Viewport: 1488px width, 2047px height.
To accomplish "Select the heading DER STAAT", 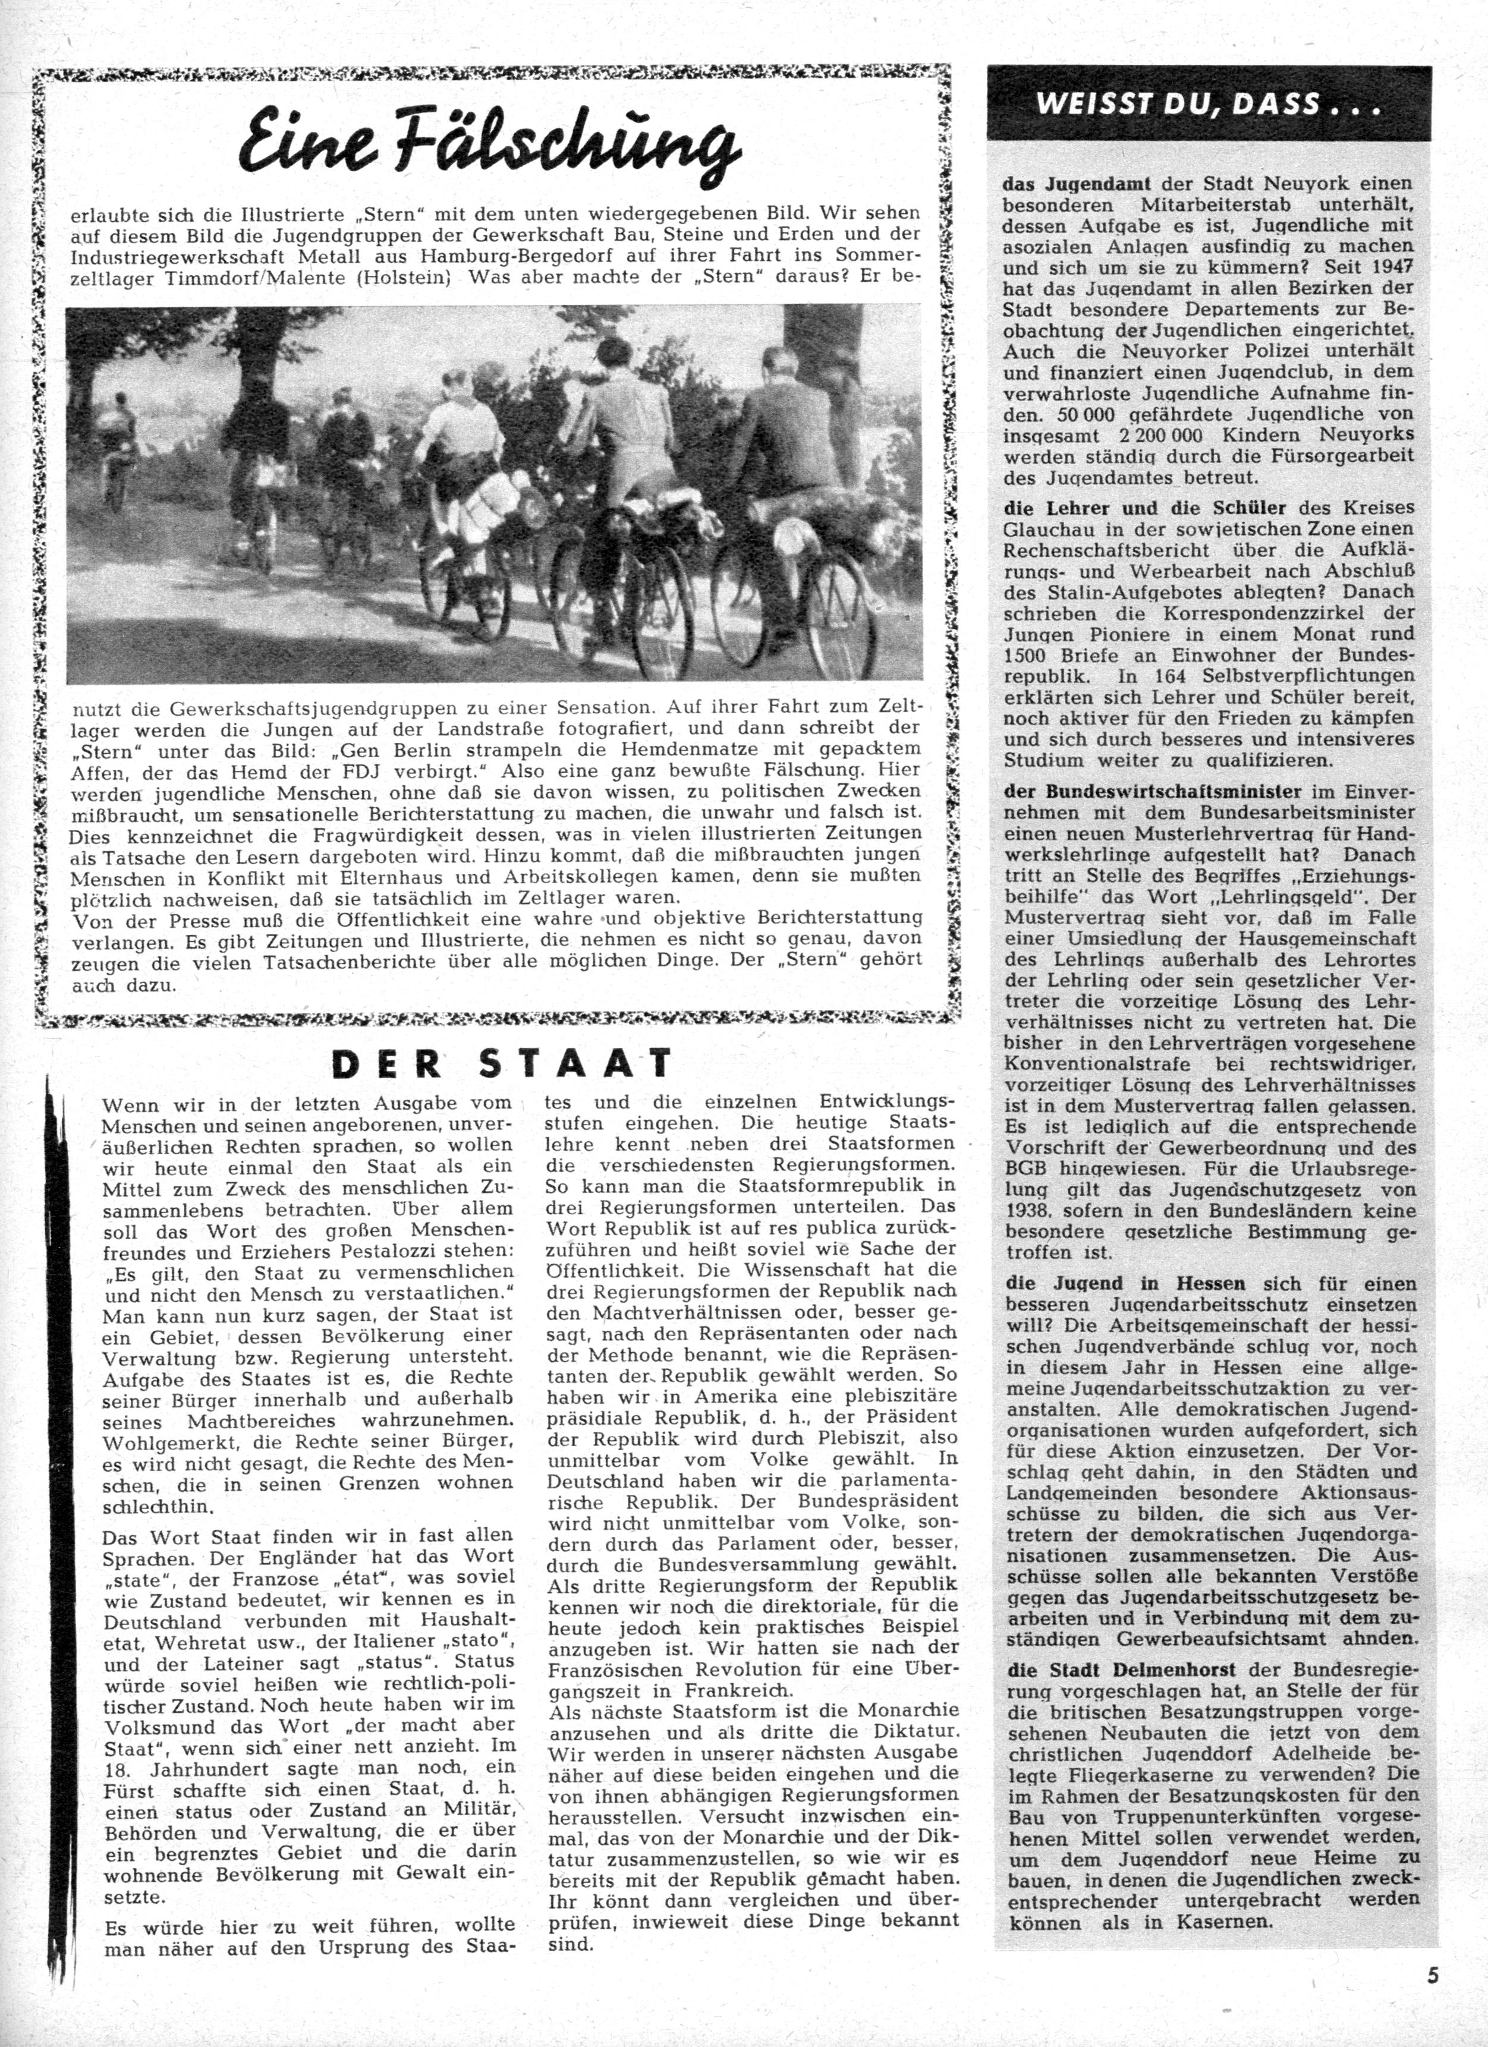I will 502,1063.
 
